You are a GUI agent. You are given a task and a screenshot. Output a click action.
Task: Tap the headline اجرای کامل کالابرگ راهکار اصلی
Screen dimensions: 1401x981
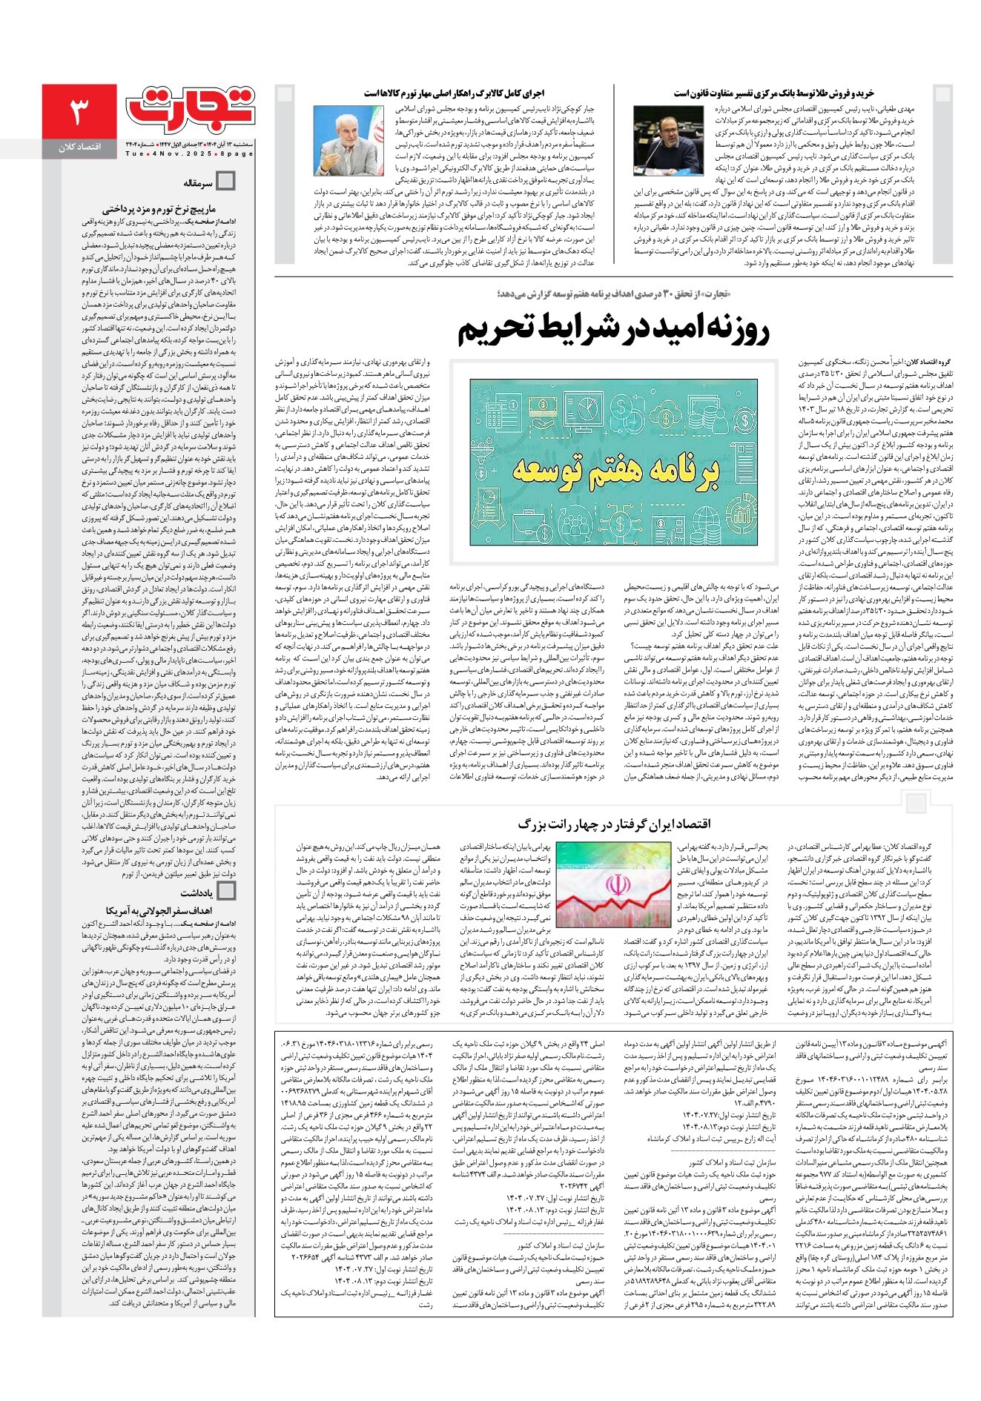[x=454, y=93]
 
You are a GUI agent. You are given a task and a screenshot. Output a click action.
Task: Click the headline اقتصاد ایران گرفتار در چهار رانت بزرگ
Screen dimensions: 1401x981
[x=613, y=824]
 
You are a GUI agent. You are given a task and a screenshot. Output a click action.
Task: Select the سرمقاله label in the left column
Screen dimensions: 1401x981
[x=198, y=182]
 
